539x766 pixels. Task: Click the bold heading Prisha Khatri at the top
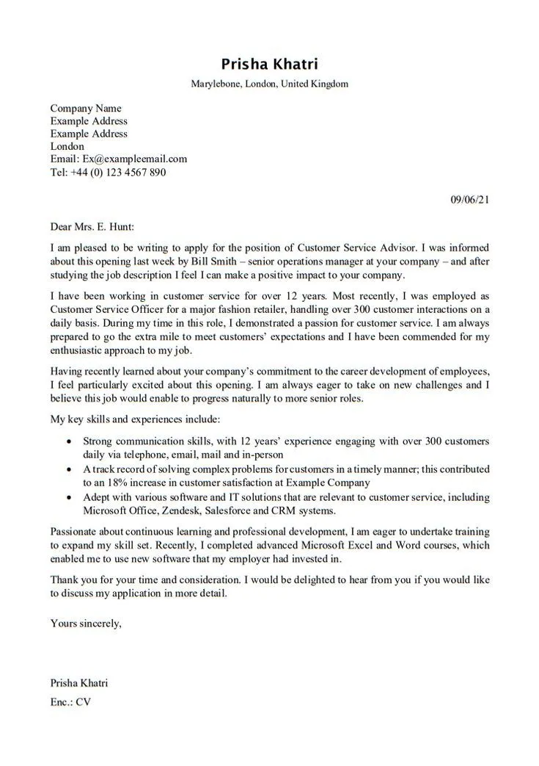coord(269,64)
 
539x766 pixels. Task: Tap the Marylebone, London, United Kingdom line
coord(269,84)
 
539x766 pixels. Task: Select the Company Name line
coord(86,108)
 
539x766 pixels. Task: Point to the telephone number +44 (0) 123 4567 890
coord(117,172)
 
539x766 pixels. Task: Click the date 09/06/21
coord(469,198)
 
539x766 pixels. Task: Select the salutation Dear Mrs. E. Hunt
coord(92,227)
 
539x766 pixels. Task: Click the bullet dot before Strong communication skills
coord(69,442)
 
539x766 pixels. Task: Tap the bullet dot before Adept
coord(69,498)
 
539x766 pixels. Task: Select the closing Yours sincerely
coord(86,624)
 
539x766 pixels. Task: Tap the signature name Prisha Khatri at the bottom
coord(79,683)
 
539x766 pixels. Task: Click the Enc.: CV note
coord(70,701)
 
